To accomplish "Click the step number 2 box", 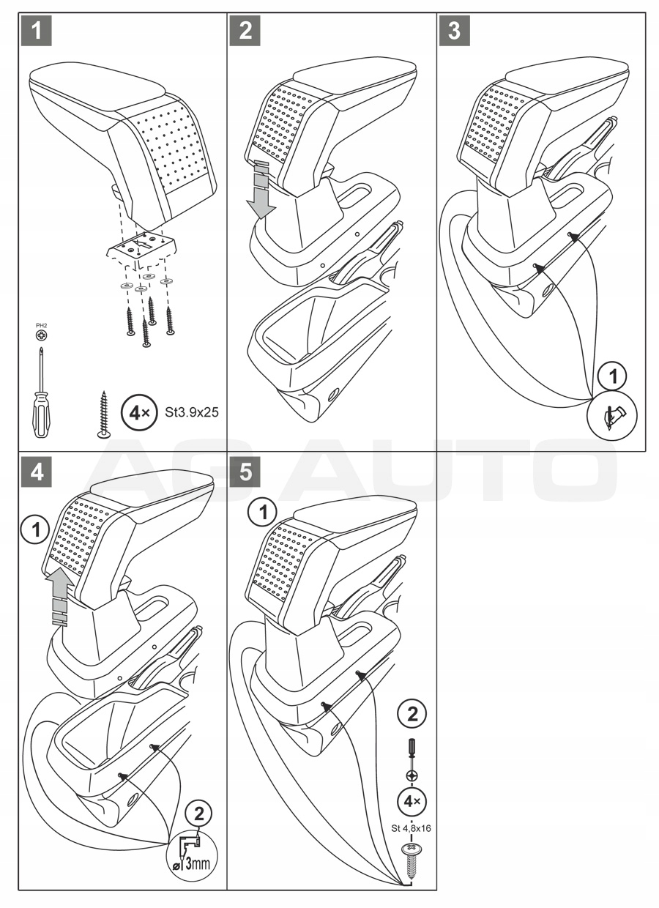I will click(245, 31).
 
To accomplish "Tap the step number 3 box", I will click(454, 31).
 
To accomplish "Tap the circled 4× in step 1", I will click(138, 412).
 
